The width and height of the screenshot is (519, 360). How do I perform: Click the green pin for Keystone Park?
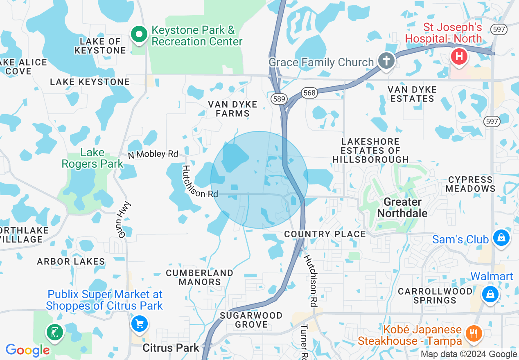click(x=139, y=35)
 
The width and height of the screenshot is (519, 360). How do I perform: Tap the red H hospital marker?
click(x=459, y=56)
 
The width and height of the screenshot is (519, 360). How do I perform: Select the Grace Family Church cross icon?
click(x=386, y=61)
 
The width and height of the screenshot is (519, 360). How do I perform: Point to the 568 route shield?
click(x=309, y=93)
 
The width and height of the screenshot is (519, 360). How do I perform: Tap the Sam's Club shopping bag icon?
click(x=501, y=238)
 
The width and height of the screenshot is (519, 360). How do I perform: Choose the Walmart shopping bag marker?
click(x=490, y=294)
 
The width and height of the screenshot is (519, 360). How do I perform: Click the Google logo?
click(x=27, y=350)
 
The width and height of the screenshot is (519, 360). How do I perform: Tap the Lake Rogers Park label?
click(x=92, y=158)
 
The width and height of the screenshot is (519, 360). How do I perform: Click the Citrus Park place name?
click(x=171, y=348)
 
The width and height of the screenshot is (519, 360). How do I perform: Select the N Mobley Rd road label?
click(x=153, y=154)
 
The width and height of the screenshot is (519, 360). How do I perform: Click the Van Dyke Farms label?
click(x=232, y=109)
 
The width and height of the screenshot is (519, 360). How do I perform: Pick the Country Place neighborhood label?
click(x=325, y=234)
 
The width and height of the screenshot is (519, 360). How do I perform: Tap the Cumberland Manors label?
click(x=200, y=277)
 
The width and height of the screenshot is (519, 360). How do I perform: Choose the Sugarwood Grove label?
click(x=251, y=320)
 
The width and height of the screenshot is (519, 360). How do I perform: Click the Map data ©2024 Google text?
click(x=469, y=354)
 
